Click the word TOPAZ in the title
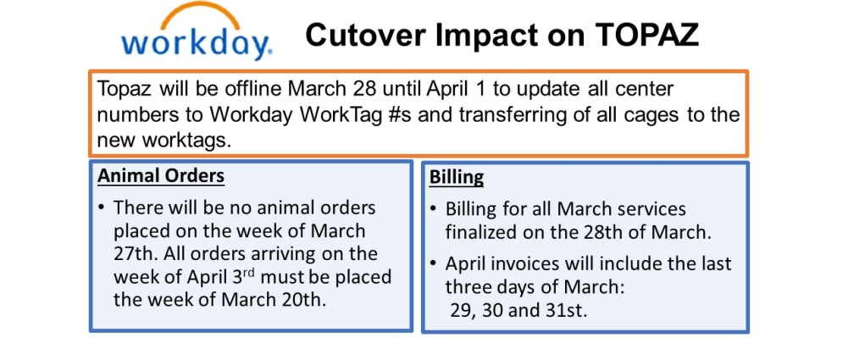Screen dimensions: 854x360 pyautogui.click(x=647, y=36)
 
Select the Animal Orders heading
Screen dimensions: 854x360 pyautogui.click(x=161, y=176)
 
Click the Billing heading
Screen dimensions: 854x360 pyautogui.click(x=457, y=178)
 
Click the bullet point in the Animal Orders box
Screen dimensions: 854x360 pyautogui.click(x=102, y=208)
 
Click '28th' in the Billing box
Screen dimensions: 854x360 pyautogui.click(x=574, y=233)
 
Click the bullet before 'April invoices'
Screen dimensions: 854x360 pyautogui.click(x=433, y=264)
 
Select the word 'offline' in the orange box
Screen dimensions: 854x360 pyautogui.click(x=252, y=89)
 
